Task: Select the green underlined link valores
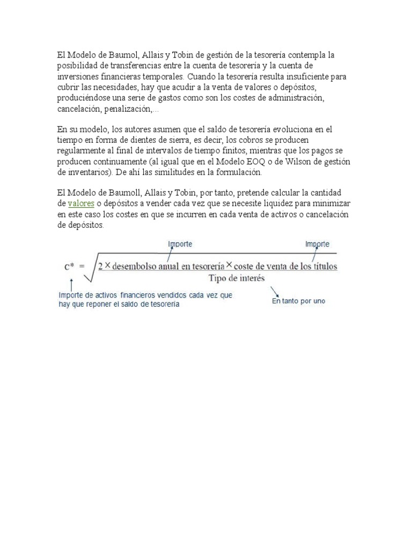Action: (81, 204)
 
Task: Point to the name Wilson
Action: (310, 162)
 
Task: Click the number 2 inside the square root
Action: (100, 266)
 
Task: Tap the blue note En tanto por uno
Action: (298, 301)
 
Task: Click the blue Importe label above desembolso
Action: (180, 244)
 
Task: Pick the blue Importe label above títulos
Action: (318, 244)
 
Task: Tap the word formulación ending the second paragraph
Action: (234, 172)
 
